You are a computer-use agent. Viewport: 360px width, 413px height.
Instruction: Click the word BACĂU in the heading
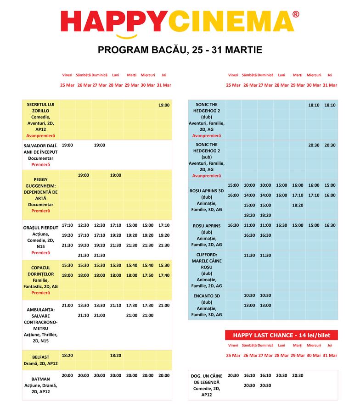pos(167,50)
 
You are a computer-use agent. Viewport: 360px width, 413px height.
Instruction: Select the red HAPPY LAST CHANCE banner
pos(281,335)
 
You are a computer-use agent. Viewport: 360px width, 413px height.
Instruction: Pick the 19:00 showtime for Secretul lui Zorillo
pos(164,105)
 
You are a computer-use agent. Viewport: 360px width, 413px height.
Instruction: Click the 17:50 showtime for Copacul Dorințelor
pos(148,275)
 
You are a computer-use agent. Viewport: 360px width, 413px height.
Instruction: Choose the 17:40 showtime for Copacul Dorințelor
pos(164,275)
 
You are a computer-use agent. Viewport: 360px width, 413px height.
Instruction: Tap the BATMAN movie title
pos(41,379)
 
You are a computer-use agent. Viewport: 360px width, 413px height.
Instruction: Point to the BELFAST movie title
pos(40,357)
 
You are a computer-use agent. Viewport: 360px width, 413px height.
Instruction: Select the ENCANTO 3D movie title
pos(207,296)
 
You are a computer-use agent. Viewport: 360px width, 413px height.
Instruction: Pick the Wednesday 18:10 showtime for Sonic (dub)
pos(314,105)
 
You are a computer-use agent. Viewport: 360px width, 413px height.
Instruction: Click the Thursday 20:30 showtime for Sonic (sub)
pos(330,145)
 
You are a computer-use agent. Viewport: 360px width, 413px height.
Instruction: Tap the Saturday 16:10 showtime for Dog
pos(249,375)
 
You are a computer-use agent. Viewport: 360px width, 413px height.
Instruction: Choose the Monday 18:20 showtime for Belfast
pos(116,355)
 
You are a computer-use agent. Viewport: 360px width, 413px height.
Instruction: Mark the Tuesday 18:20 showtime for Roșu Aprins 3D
pos(298,205)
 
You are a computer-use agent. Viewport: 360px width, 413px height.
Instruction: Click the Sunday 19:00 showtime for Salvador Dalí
pos(100,145)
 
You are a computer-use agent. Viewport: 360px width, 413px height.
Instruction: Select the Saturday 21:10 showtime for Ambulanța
pos(84,315)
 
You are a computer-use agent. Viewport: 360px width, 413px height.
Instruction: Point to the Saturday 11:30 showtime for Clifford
pos(249,255)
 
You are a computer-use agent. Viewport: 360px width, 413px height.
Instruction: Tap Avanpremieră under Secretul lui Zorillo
pos(40,136)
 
